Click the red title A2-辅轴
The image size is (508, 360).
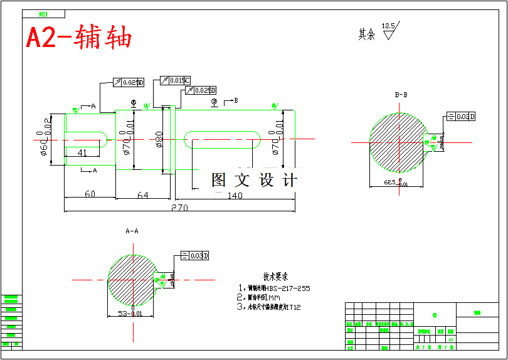pyautogui.click(x=79, y=38)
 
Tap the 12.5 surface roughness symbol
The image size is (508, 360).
pyautogui.click(x=389, y=30)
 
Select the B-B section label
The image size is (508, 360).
pyautogui.click(x=401, y=95)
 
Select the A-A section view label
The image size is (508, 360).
pyautogui.click(x=132, y=231)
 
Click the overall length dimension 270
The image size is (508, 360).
pyautogui.click(x=179, y=208)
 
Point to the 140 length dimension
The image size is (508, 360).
pyautogui.click(x=235, y=196)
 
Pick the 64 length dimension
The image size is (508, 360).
pyautogui.click(x=143, y=196)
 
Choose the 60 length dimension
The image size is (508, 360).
pyautogui.click(x=90, y=194)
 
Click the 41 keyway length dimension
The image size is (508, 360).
pyautogui.click(x=82, y=153)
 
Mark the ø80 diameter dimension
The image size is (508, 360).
pyautogui.click(x=159, y=139)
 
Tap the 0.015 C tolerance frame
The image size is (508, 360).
pyautogui.click(x=176, y=80)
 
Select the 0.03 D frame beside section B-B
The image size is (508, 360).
pyautogui.click(x=461, y=116)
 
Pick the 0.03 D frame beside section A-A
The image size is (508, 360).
pyautogui.click(x=195, y=255)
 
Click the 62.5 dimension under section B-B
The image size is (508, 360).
pyautogui.click(x=395, y=183)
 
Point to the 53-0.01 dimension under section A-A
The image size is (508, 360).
pyautogui.click(x=130, y=314)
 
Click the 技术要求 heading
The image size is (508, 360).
pyautogui.click(x=275, y=277)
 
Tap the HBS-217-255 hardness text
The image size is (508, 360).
pyautogui.click(x=288, y=289)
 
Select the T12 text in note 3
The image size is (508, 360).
pyautogui.click(x=295, y=307)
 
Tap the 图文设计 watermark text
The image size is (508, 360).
pyautogui.click(x=254, y=181)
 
